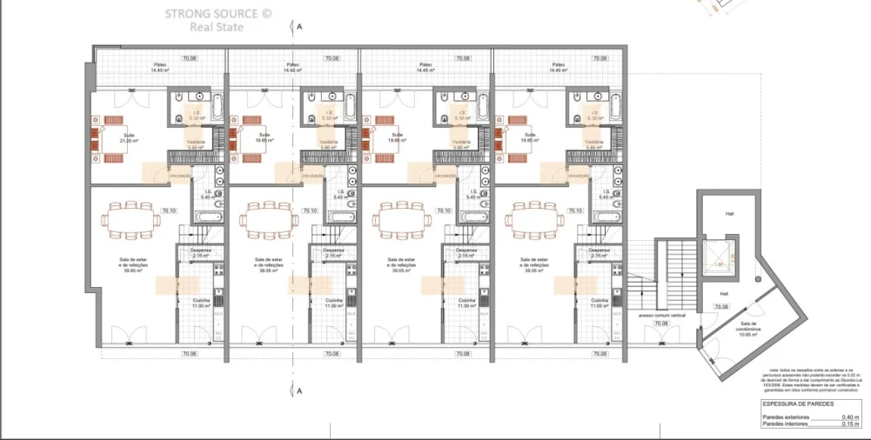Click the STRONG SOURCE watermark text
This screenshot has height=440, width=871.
tap(210, 14)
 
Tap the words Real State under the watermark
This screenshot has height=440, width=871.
tap(217, 27)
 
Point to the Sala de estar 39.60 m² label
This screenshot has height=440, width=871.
tap(131, 265)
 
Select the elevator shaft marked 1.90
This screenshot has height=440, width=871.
tap(719, 262)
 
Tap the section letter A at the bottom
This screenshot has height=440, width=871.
tap(299, 392)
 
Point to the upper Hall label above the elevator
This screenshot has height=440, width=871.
tap(729, 214)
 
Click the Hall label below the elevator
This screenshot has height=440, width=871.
tap(723, 294)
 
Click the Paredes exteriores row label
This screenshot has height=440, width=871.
tap(785, 417)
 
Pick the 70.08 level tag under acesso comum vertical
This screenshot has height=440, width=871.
tap(660, 323)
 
